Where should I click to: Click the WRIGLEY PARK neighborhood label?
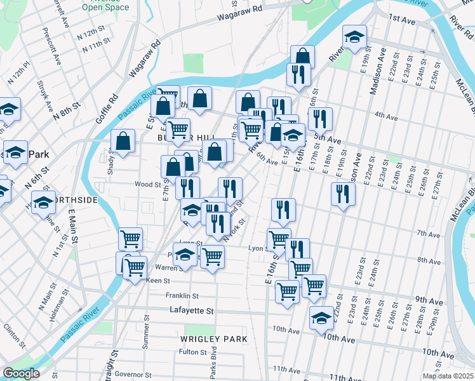[x=213, y=339]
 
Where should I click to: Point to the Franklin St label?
[x=182, y=296]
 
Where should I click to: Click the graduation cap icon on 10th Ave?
[x=322, y=318]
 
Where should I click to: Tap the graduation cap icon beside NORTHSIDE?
[x=44, y=203]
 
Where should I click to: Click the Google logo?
[x=20, y=373]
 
